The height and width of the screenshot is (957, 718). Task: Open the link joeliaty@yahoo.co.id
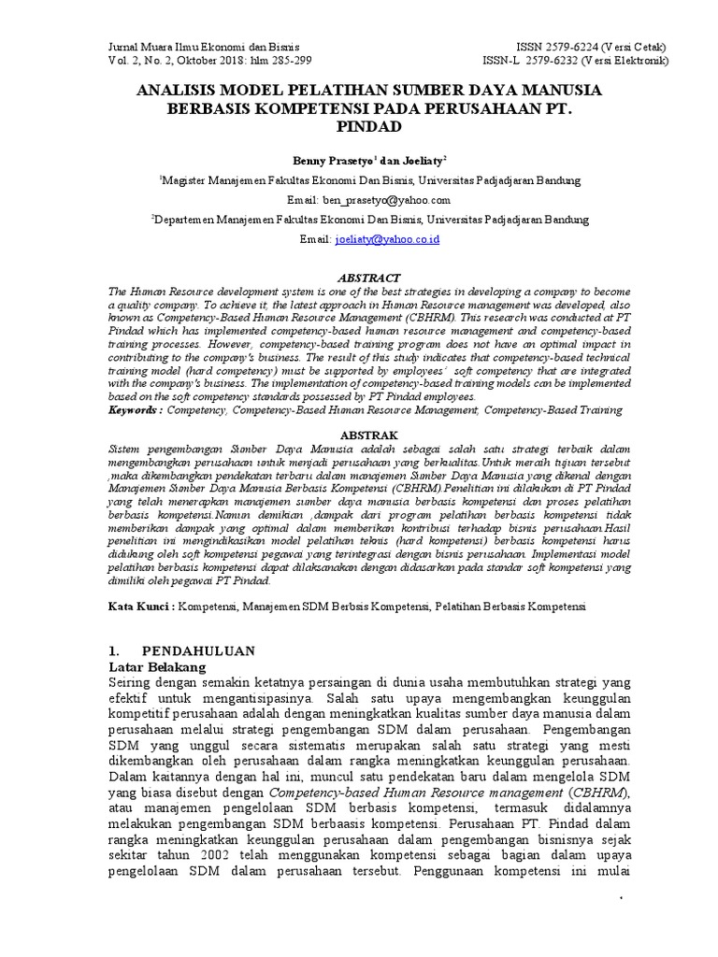click(387, 240)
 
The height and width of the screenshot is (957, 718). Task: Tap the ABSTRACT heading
click(369, 279)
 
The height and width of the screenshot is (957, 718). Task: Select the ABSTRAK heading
click(369, 436)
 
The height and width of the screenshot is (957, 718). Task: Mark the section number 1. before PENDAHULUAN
click(114, 650)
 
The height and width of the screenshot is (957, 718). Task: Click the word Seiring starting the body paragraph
click(134, 686)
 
